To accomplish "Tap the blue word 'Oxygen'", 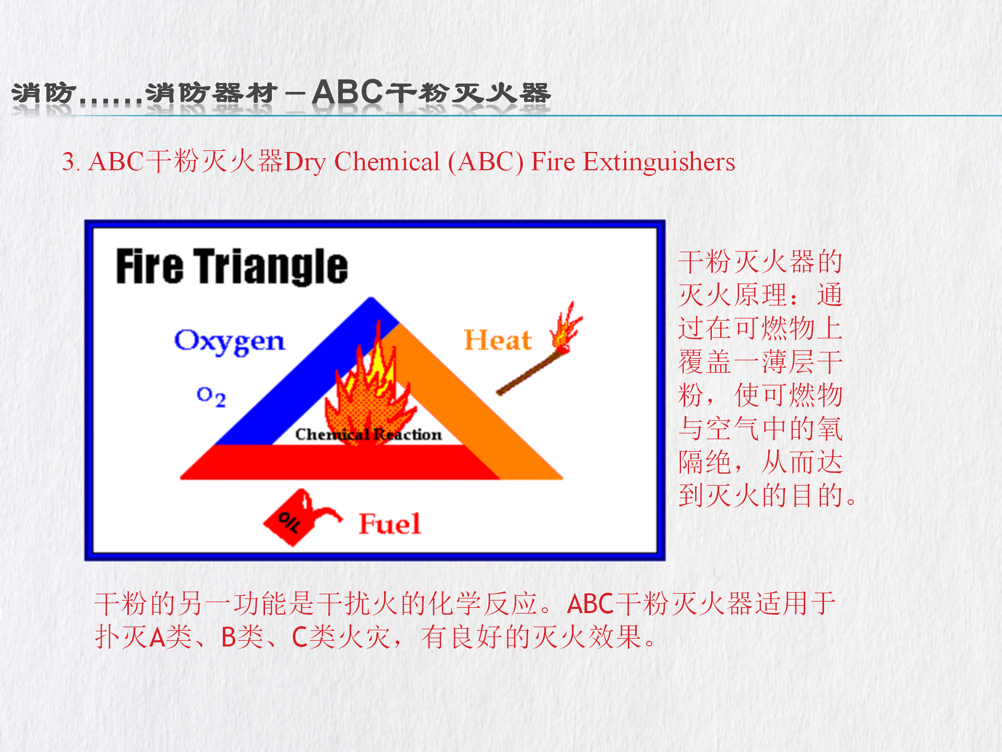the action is click(x=230, y=342).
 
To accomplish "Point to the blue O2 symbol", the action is click(x=211, y=397).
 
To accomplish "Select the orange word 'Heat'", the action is click(x=498, y=340).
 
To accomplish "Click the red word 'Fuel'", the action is click(x=389, y=523).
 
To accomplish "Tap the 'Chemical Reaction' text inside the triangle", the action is click(x=368, y=434).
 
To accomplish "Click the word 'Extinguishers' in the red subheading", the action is click(x=659, y=162).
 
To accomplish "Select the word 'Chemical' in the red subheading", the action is click(x=387, y=162).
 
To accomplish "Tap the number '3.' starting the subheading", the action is click(x=71, y=162).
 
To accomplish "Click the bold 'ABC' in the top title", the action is click(x=348, y=92).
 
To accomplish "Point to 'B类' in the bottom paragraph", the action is click(x=242, y=637).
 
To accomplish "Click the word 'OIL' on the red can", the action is click(x=289, y=522).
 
